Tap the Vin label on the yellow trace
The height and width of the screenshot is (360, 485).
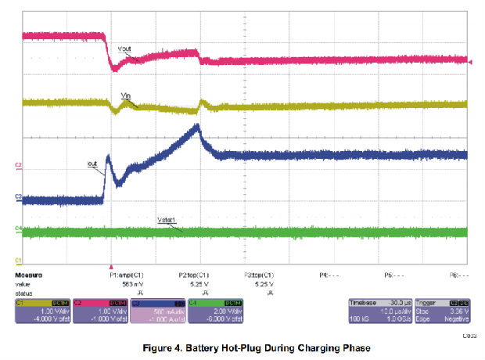(x=125, y=95)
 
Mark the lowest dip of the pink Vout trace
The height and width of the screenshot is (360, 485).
(x=114, y=70)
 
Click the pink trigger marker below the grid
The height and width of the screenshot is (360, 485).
(x=111, y=267)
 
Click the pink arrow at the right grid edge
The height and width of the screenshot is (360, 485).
(x=470, y=60)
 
